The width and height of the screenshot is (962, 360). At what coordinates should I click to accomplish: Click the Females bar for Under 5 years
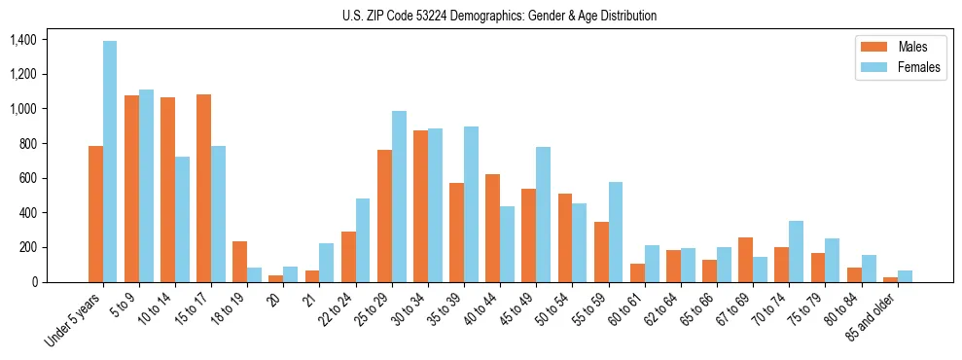point(110,162)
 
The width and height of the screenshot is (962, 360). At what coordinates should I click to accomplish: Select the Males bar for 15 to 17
point(203,188)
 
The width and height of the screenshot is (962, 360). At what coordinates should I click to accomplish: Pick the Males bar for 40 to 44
point(492,228)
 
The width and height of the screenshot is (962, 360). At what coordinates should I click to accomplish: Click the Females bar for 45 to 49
point(543,214)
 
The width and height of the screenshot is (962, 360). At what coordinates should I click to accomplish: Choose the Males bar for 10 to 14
point(167,190)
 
